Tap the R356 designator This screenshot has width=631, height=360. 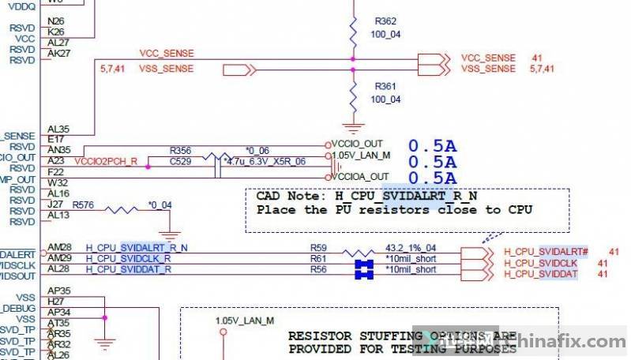coord(180,149)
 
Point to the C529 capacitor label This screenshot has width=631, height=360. coord(180,161)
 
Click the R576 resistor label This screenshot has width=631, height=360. coord(83,204)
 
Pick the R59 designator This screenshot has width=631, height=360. coord(317,248)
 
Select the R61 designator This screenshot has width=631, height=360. coord(317,259)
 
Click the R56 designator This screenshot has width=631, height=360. coord(317,270)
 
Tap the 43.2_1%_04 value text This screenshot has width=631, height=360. coord(410,248)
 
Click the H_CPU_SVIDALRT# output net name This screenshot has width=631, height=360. coord(541,252)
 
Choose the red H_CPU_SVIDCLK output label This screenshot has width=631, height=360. coord(540,263)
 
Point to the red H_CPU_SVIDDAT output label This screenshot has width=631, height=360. coord(540,274)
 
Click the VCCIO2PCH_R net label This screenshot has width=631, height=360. coord(106,161)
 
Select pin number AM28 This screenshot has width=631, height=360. coord(59,247)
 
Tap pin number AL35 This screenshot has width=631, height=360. coord(58,127)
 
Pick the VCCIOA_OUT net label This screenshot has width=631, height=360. coord(360,176)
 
